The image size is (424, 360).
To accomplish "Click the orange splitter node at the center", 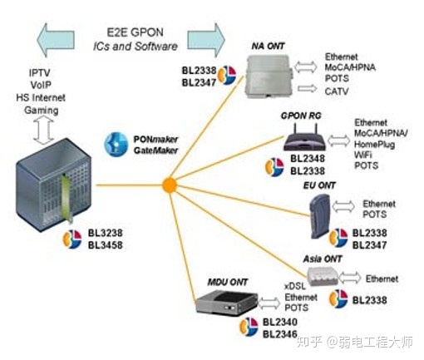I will click(169, 184).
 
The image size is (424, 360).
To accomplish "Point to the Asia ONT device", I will click(325, 276).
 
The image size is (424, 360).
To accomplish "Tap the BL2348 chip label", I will click(308, 158).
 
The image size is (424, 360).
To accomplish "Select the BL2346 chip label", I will click(279, 334).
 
